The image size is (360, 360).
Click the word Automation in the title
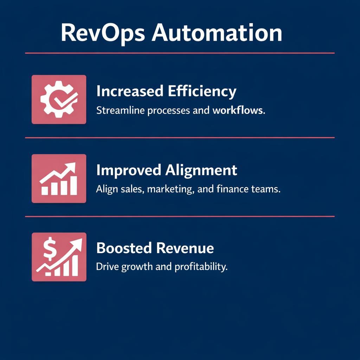217,33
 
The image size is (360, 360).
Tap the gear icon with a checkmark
59,99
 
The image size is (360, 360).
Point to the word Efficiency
202,91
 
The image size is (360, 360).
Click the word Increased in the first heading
130,91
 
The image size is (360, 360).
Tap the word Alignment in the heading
201,171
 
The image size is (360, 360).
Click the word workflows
238,110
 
